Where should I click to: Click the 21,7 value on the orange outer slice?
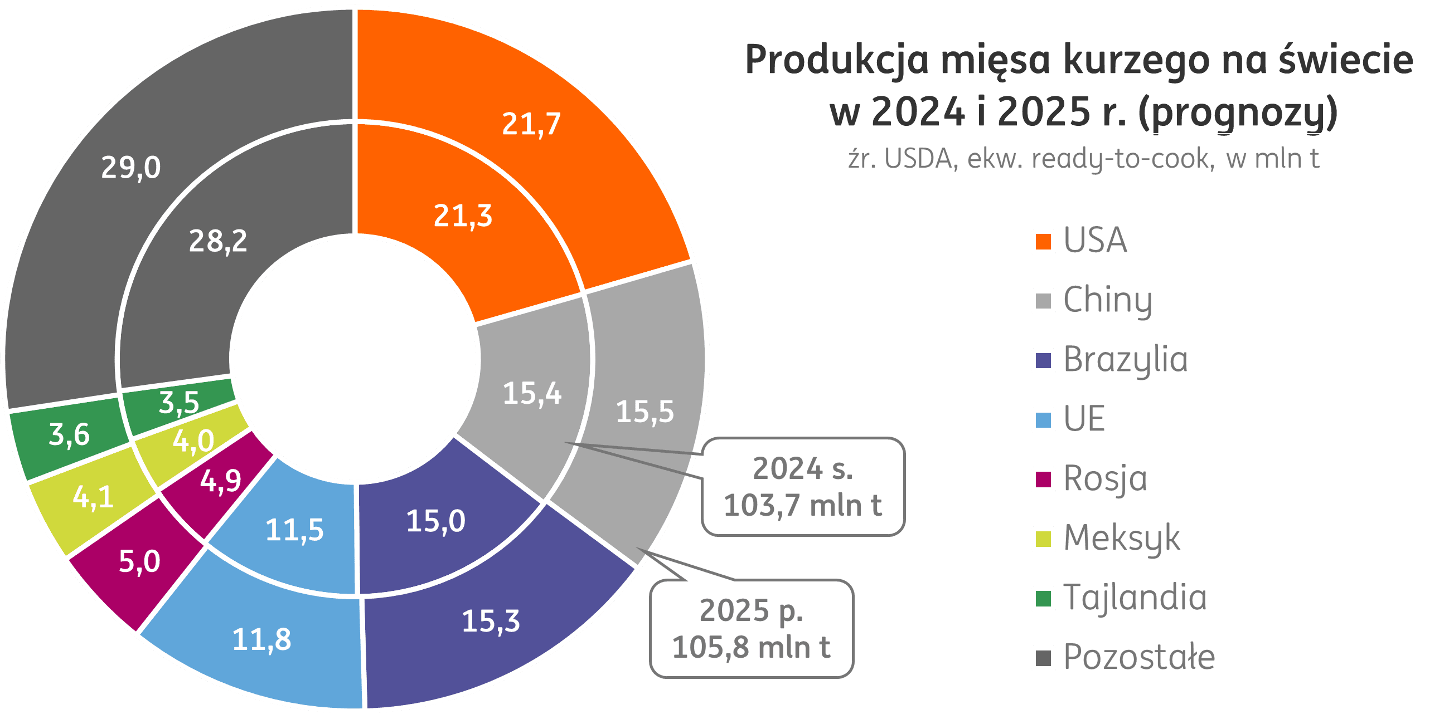pos(531,124)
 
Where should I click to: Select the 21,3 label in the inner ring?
pos(463,217)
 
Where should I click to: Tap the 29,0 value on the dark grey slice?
pos(130,168)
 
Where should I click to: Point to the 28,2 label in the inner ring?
pos(217,242)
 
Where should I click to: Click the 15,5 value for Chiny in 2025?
pos(644,412)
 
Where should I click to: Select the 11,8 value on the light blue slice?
pos(261,640)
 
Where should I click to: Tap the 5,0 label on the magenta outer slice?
pos(139,561)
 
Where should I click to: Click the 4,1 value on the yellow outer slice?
pos(93,497)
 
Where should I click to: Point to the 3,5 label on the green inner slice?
pos(179,403)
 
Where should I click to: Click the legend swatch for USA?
pos(1043,242)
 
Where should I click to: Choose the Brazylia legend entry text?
pos(1125,359)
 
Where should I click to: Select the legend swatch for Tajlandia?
pos(1043,598)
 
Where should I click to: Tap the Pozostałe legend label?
pos(1139,657)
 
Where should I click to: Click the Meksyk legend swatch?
pos(1043,539)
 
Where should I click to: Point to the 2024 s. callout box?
pos(803,487)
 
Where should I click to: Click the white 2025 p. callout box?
pos(752,628)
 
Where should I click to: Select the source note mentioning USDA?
pos(1085,159)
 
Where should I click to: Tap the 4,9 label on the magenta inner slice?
pos(221,481)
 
